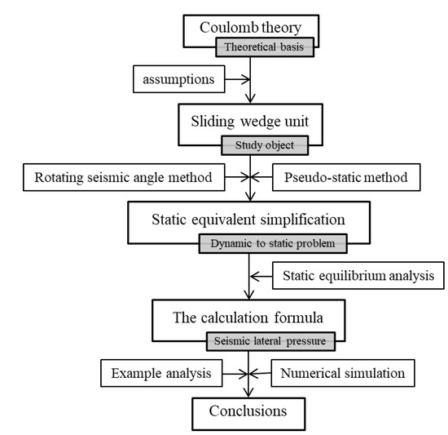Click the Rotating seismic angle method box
point(118,176)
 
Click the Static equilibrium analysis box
point(359,276)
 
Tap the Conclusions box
point(248,409)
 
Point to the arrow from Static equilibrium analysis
point(263,276)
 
